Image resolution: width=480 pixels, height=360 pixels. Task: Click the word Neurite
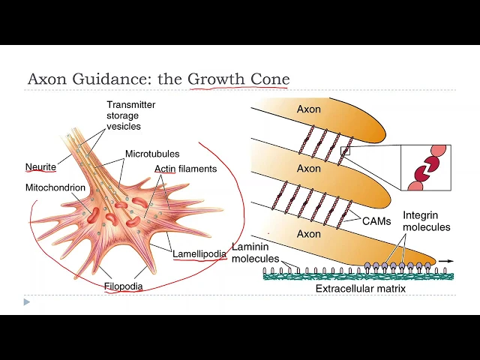pos(40,168)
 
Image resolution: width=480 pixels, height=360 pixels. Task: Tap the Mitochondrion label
pos(55,187)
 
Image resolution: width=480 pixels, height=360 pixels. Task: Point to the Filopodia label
pos(124,286)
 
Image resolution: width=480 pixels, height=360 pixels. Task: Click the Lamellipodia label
pos(199,253)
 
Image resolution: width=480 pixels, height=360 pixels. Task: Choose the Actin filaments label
pos(185,169)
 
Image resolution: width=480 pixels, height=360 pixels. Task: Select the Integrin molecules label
pos(426,221)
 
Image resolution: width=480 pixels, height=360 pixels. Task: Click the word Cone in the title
pos(271,79)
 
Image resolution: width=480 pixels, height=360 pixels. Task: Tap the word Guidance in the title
pos(100,79)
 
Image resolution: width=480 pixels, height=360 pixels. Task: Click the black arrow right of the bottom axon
pos(446,261)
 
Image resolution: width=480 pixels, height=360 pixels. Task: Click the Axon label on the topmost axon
pos(308,109)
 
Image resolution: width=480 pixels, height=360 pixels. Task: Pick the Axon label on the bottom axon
pos(308,233)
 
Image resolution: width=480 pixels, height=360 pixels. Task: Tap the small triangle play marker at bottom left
pos(27,302)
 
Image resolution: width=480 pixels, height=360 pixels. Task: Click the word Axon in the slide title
pos(46,79)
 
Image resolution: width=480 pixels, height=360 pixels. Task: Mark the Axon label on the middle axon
pos(308,169)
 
